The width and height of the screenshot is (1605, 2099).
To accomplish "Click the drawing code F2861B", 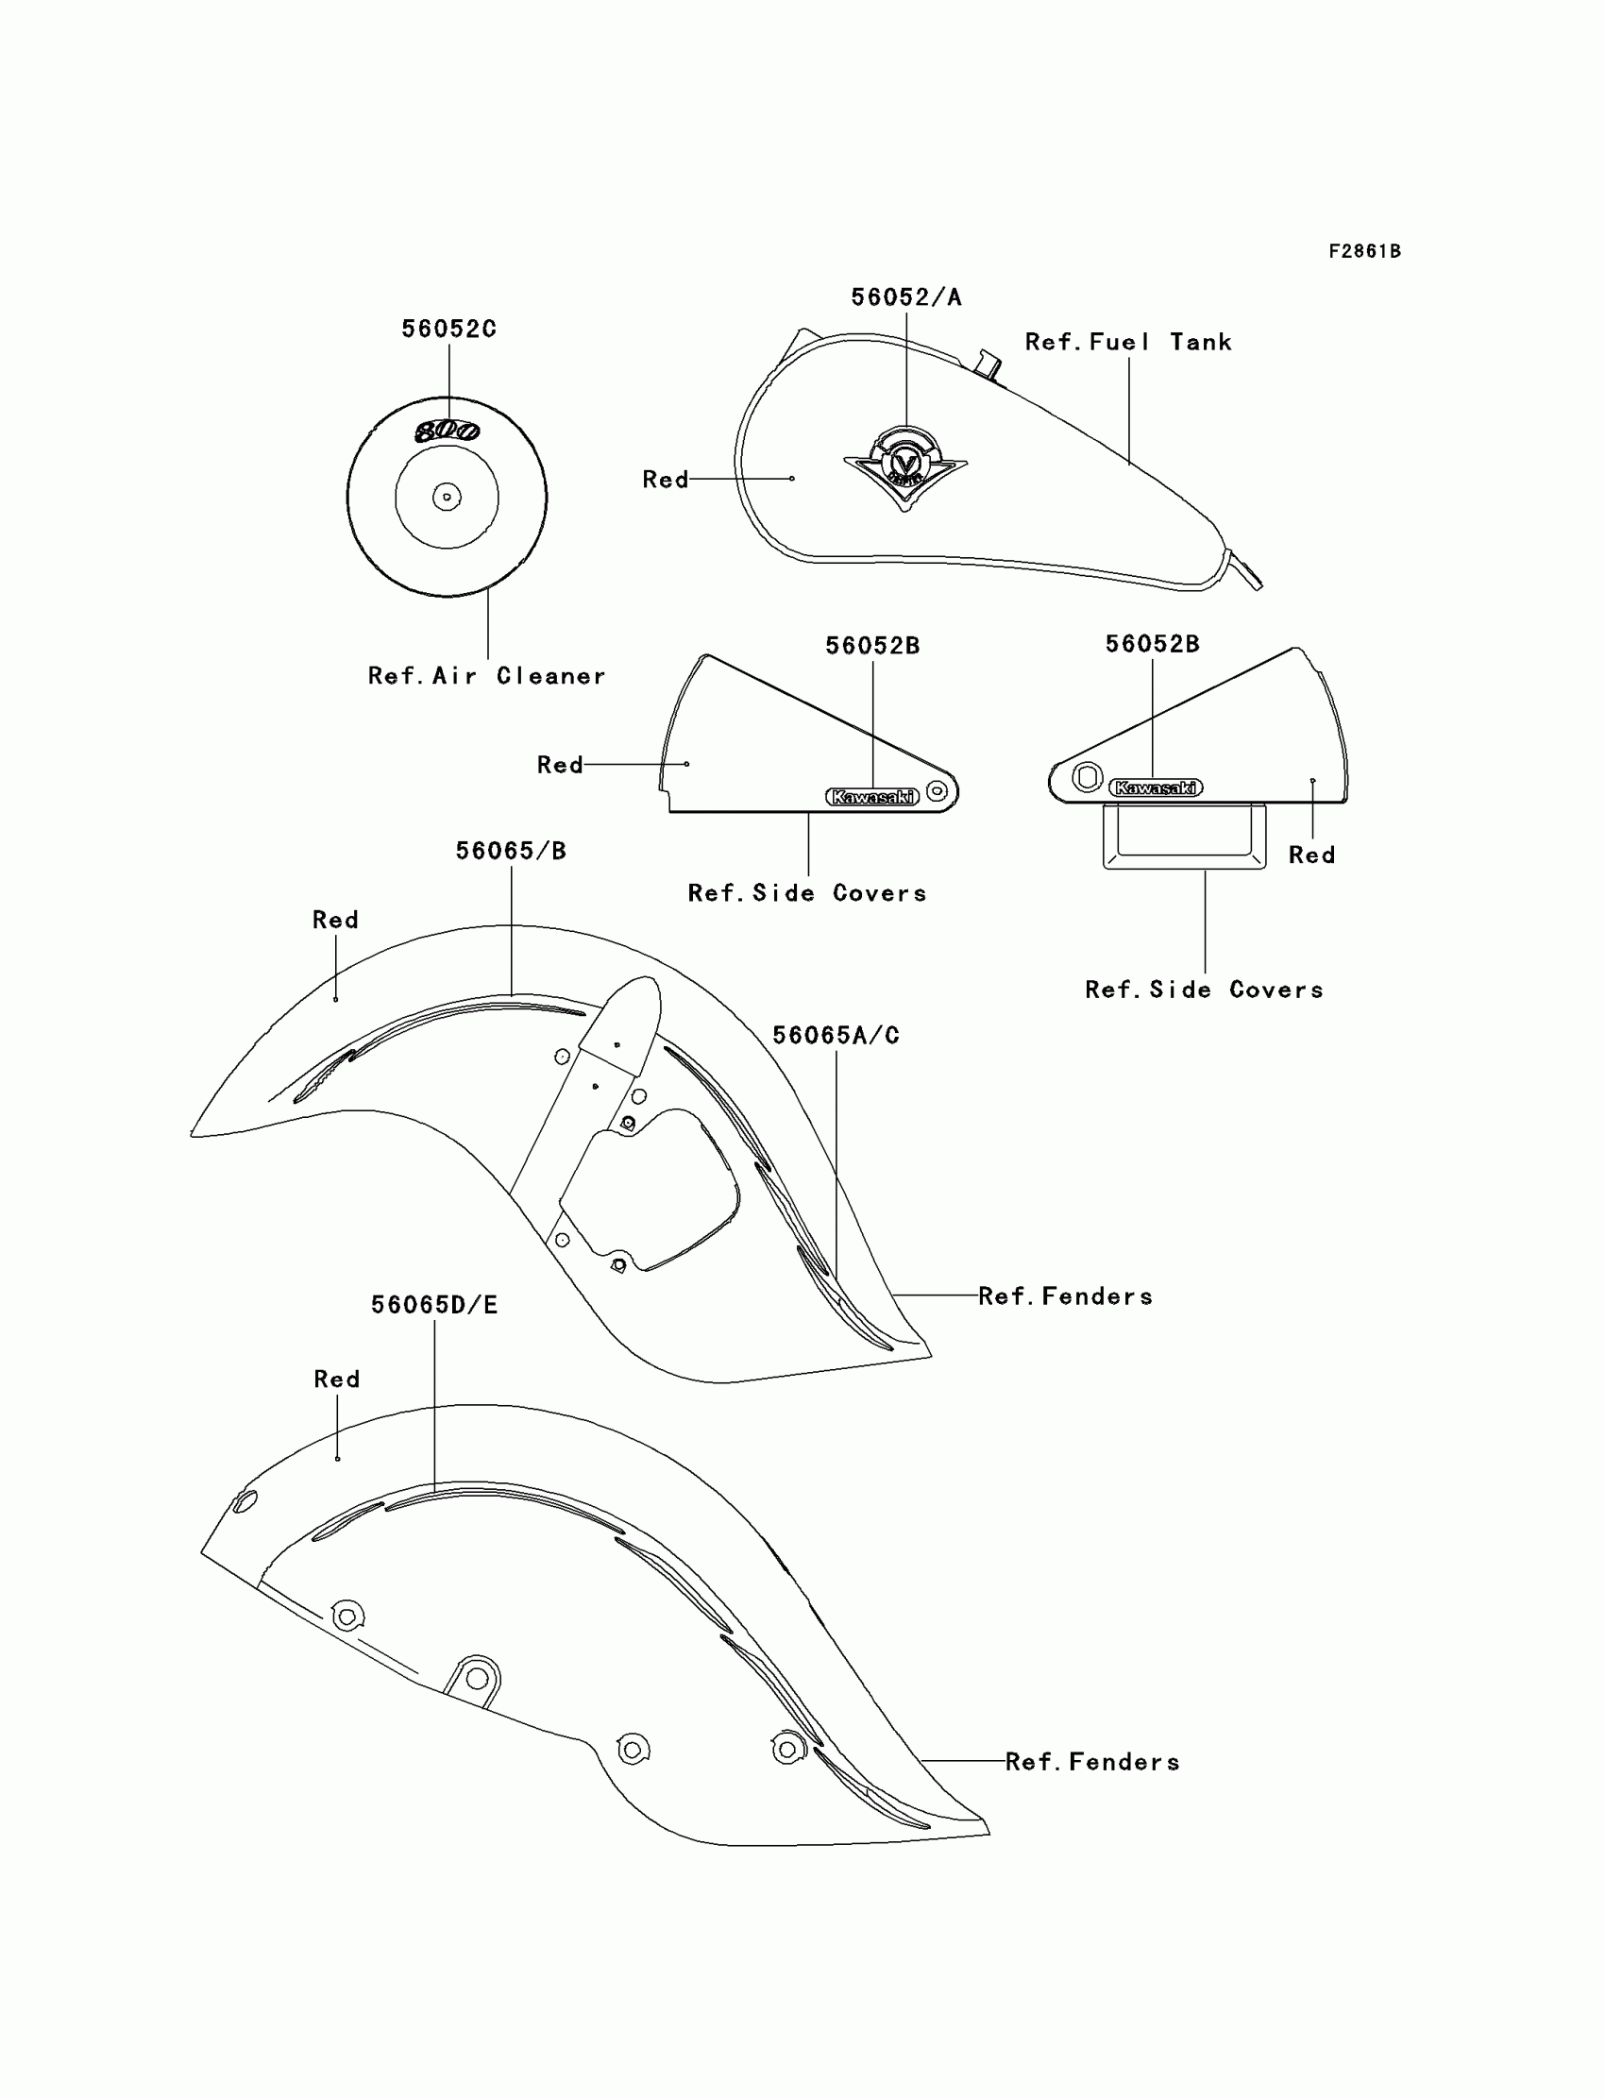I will [x=1364, y=251].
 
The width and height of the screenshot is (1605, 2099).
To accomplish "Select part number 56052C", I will [x=448, y=329].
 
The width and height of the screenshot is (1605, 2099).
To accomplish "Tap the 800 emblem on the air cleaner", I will [x=448, y=432].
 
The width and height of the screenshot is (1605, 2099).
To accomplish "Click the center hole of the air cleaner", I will [x=447, y=497].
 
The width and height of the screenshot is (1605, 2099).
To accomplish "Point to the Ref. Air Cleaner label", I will [x=486, y=676].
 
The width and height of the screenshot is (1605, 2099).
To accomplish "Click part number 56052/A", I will [x=905, y=297].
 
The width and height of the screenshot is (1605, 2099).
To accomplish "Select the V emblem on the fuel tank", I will [x=904, y=466].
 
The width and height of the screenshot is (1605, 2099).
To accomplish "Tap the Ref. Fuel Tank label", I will [x=1127, y=342].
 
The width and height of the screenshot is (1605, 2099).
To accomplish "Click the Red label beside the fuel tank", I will [x=665, y=480].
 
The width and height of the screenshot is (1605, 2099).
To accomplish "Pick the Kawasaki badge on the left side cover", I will [x=871, y=797].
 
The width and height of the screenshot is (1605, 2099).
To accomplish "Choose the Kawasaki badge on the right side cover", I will [x=1155, y=788].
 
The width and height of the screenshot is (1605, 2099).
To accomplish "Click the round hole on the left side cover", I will [x=938, y=791].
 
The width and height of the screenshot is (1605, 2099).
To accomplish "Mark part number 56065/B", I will [x=510, y=851].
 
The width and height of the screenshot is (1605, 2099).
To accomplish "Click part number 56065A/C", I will [x=835, y=1036].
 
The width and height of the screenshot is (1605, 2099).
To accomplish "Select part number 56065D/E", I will [x=433, y=1305].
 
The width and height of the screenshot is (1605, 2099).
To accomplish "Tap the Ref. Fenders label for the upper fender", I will [x=1065, y=1296].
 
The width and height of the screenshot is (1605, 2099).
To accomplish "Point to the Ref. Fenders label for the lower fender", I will [x=1092, y=1762].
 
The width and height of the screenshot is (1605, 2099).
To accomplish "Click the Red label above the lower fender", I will [x=336, y=1380].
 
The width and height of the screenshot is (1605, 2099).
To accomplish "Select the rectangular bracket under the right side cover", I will [x=1185, y=837].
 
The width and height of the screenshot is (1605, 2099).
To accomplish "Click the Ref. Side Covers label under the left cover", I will [x=807, y=893].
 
